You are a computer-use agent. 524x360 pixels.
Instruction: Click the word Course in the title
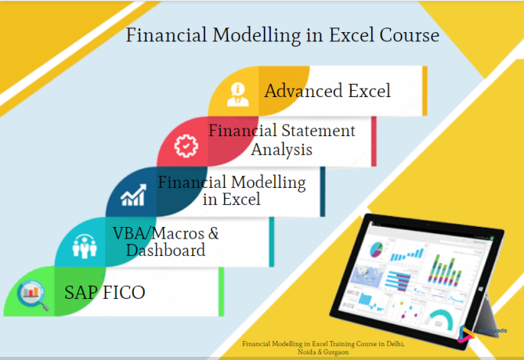[x=403, y=36]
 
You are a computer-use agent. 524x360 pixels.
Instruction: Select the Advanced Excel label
[x=327, y=91]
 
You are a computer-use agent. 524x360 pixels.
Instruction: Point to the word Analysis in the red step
[x=281, y=149]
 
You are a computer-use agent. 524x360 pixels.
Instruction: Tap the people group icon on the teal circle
[x=83, y=246]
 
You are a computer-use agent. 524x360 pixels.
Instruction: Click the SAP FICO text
[x=105, y=293]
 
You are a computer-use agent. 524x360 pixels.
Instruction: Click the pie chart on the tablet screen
[x=377, y=249]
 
